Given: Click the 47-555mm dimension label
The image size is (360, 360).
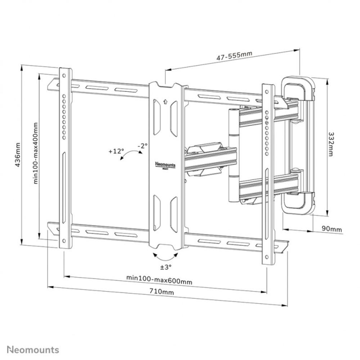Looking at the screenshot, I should coord(234,55).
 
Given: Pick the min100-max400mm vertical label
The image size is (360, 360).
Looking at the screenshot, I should coord(36,153).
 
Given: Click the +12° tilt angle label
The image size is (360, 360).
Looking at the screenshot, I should coord(116,151).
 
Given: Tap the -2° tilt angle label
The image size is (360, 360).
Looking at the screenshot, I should coord(142,146).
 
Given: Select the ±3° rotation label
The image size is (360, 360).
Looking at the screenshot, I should coord(166,267).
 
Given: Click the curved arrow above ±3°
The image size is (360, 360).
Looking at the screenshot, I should coord(166,256).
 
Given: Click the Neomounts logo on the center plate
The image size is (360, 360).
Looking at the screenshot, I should coord(165,165).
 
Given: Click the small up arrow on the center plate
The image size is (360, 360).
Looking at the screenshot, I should coord(165,101).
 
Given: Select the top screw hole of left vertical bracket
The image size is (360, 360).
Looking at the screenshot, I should coord(64,76).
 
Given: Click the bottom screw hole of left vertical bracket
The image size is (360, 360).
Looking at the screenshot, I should coord(64,241).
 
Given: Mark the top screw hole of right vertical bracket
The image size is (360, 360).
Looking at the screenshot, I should coord(267,93).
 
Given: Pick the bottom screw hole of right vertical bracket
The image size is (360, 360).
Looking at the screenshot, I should coord(267,257).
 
